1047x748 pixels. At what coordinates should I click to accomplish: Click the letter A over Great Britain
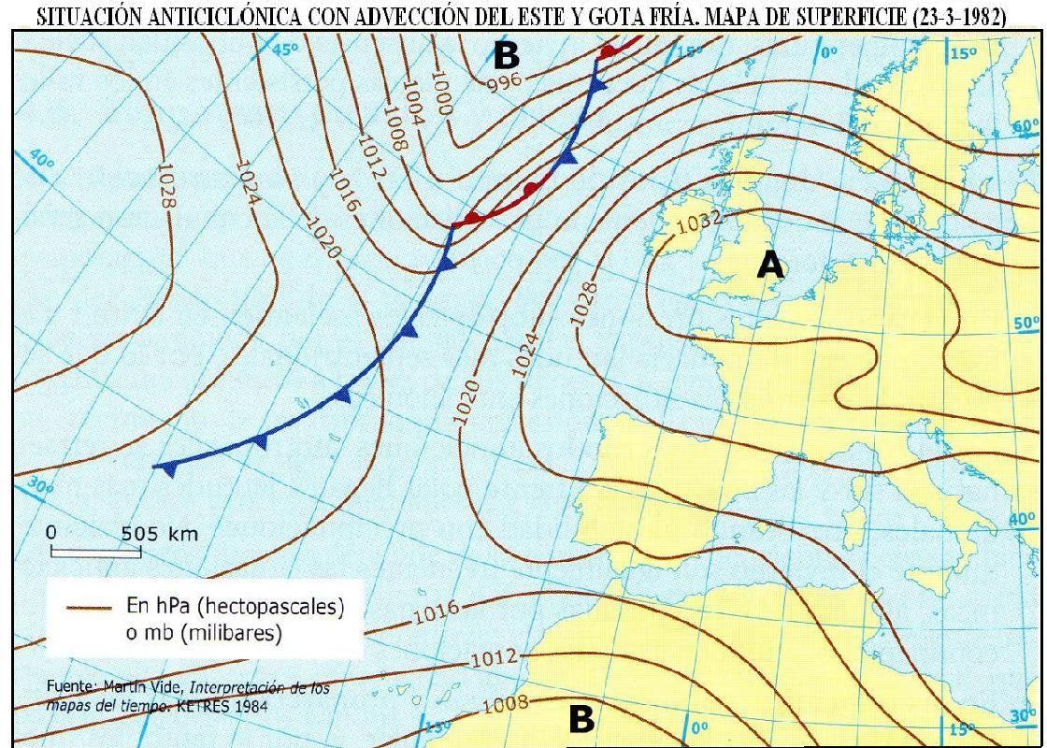pos(769,265)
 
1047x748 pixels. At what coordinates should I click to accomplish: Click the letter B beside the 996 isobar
pos(506,55)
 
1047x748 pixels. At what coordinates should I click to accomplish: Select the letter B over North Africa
pos(581,720)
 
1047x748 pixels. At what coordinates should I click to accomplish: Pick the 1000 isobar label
pos(440,94)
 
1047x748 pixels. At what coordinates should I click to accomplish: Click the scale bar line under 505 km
pos(94,553)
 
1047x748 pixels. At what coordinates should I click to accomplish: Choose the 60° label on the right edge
pos(1025,126)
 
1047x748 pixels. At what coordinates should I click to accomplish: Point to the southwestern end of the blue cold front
pos(157,466)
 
